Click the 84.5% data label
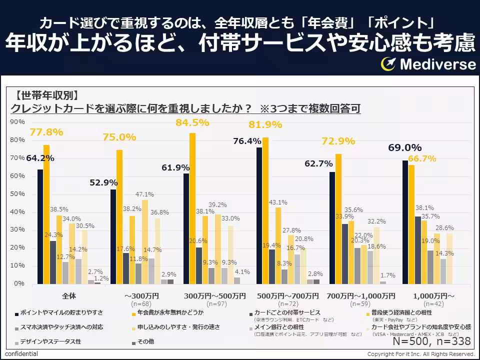click(x=191, y=122)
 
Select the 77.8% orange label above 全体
click(x=46, y=132)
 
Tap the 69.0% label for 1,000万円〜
click(x=405, y=148)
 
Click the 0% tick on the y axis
click(x=18, y=283)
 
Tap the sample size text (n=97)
click(x=213, y=303)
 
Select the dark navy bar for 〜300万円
click(x=113, y=236)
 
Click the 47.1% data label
click(x=144, y=194)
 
